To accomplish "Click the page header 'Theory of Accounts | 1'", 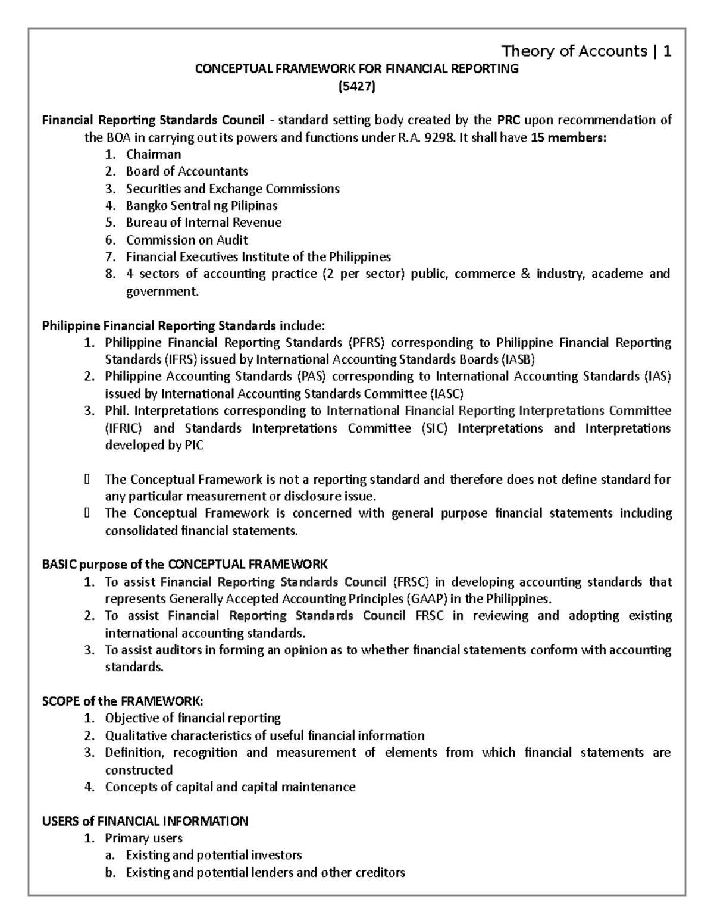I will coord(586,51).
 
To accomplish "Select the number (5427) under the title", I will coord(357,87).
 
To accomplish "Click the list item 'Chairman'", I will coord(154,155).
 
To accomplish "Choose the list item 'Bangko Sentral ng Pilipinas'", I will coord(201,206).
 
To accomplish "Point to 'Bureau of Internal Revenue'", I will coord(203,223).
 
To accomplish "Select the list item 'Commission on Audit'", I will coord(187,240).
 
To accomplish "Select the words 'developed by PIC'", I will coord(154,446).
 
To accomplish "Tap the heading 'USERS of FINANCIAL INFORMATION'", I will coord(145,821).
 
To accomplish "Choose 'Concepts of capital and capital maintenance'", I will coord(230,787).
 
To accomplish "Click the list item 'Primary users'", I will coord(143,838).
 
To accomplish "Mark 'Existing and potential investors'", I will coord(214,855).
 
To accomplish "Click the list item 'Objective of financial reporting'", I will coord(193,718).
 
